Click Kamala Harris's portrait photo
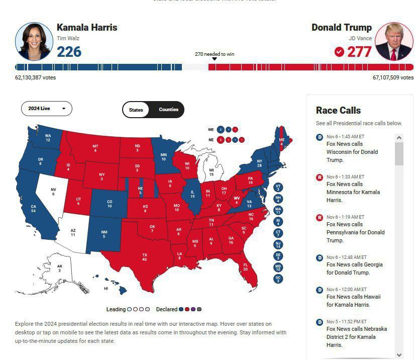pyautogui.click(x=34, y=41)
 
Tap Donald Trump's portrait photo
pyautogui.click(x=394, y=41)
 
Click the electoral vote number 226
pyautogui.click(x=69, y=52)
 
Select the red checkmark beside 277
pyautogui.click(x=339, y=52)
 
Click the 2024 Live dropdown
pyautogui.click(x=46, y=109)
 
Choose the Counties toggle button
pyautogui.click(x=168, y=110)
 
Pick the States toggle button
pyautogui.click(x=136, y=110)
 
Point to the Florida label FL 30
pyautogui.click(x=246, y=266)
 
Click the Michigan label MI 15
pyautogui.click(x=211, y=172)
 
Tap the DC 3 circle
pyautogui.click(x=278, y=279)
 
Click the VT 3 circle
pyautogui.click(x=278, y=188)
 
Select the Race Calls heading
pyautogui.click(x=338, y=110)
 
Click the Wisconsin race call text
pyautogui.click(x=352, y=152)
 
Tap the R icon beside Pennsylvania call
pyautogui.click(x=319, y=217)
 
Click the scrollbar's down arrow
pyautogui.click(x=399, y=354)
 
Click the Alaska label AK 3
pyautogui.click(x=60, y=268)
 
